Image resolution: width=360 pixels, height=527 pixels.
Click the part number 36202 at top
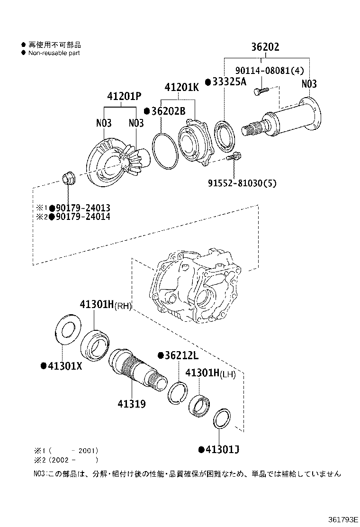265,47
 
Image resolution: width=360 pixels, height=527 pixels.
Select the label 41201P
124,96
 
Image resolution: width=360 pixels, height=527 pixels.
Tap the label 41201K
181,88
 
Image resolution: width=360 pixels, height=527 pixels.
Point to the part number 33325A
229,82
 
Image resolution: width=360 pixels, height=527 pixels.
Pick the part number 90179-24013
83,208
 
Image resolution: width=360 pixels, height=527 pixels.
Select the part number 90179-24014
83,217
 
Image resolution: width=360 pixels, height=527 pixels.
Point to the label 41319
132,404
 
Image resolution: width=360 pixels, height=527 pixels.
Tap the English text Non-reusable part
54,53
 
